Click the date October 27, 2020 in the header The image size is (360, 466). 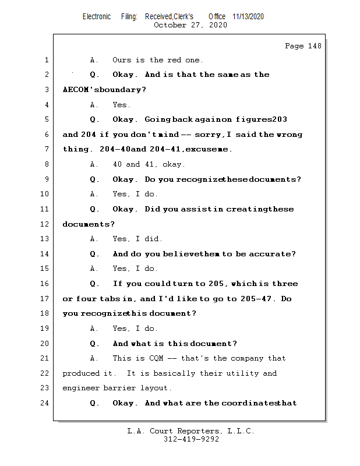click(190, 25)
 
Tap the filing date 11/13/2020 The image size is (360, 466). click(248, 16)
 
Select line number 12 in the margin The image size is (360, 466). click(46, 224)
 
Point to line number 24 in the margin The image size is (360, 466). click(46, 403)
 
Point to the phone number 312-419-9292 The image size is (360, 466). click(191, 440)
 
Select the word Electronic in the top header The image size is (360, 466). click(97, 16)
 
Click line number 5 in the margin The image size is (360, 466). click(46, 120)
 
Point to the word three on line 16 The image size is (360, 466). click(285, 284)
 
